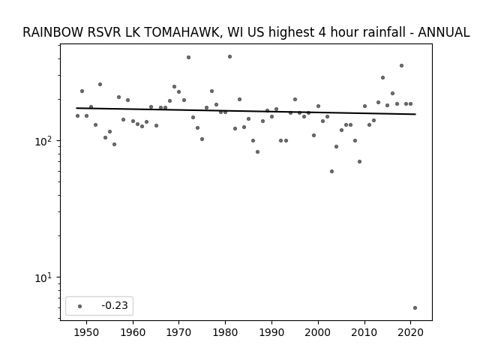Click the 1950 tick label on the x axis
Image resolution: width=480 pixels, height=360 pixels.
87,333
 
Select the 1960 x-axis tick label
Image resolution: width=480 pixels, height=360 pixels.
133,333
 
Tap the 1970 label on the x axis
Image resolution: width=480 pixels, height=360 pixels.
179,333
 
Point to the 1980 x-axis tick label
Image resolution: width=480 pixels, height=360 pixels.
225,333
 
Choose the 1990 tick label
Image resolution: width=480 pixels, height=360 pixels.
271,333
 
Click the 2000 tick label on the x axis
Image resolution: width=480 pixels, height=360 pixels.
318,333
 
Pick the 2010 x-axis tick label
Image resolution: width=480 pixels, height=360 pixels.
364,333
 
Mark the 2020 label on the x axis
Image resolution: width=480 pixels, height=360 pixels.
411,333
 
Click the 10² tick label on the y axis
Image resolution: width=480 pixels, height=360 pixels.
44,141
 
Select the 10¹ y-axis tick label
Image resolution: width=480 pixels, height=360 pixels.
44,277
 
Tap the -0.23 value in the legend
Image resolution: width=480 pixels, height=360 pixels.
115,305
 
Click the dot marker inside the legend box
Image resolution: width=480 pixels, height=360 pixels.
80,306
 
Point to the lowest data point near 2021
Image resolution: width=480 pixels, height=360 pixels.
415,308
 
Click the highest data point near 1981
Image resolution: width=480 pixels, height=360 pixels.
230,57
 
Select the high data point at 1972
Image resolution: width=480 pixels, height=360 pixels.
188,57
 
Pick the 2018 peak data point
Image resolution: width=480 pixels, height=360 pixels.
402,65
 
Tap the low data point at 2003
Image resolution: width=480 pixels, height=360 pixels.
331,172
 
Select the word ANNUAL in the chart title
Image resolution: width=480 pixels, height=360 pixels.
444,32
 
